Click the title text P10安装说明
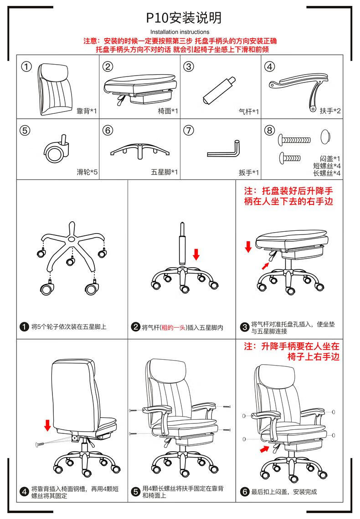184,18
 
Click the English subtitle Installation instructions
180,32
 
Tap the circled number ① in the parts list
26,66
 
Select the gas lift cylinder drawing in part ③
219,91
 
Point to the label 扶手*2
330,111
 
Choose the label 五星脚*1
164,172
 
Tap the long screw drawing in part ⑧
294,140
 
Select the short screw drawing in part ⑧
290,158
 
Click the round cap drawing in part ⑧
326,137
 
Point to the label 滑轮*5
87,172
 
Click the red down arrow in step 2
196,254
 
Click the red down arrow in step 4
47,425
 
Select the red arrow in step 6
264,449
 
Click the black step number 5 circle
135,492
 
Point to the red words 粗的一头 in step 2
173,328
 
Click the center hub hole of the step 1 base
72,239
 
